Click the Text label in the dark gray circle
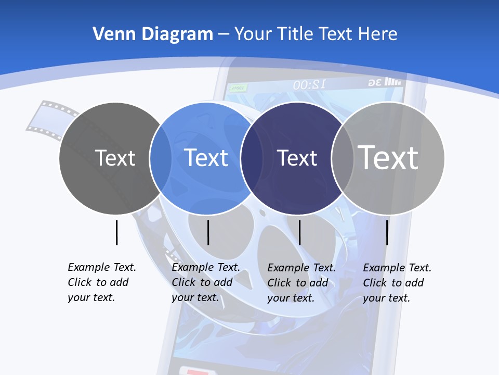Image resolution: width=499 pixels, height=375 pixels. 115,158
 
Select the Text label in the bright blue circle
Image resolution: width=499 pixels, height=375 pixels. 206,158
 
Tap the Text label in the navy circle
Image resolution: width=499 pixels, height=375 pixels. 297,158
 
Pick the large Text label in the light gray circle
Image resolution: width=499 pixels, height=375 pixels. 388,157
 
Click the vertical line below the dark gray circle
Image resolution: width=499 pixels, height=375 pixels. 117,232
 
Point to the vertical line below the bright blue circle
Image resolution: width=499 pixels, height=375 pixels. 208,232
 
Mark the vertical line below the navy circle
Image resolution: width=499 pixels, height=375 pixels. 300,232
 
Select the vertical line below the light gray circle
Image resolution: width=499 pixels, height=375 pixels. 387,232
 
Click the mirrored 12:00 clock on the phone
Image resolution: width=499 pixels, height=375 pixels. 309,84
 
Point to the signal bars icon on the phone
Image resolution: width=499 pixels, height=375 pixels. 393,82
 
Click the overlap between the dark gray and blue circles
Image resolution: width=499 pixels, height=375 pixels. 161,158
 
